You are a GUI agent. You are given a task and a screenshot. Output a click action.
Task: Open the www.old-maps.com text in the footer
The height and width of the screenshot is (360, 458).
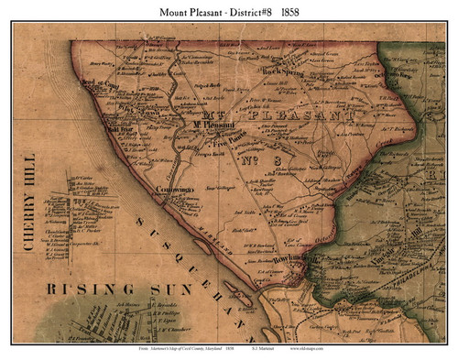point(317,349)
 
